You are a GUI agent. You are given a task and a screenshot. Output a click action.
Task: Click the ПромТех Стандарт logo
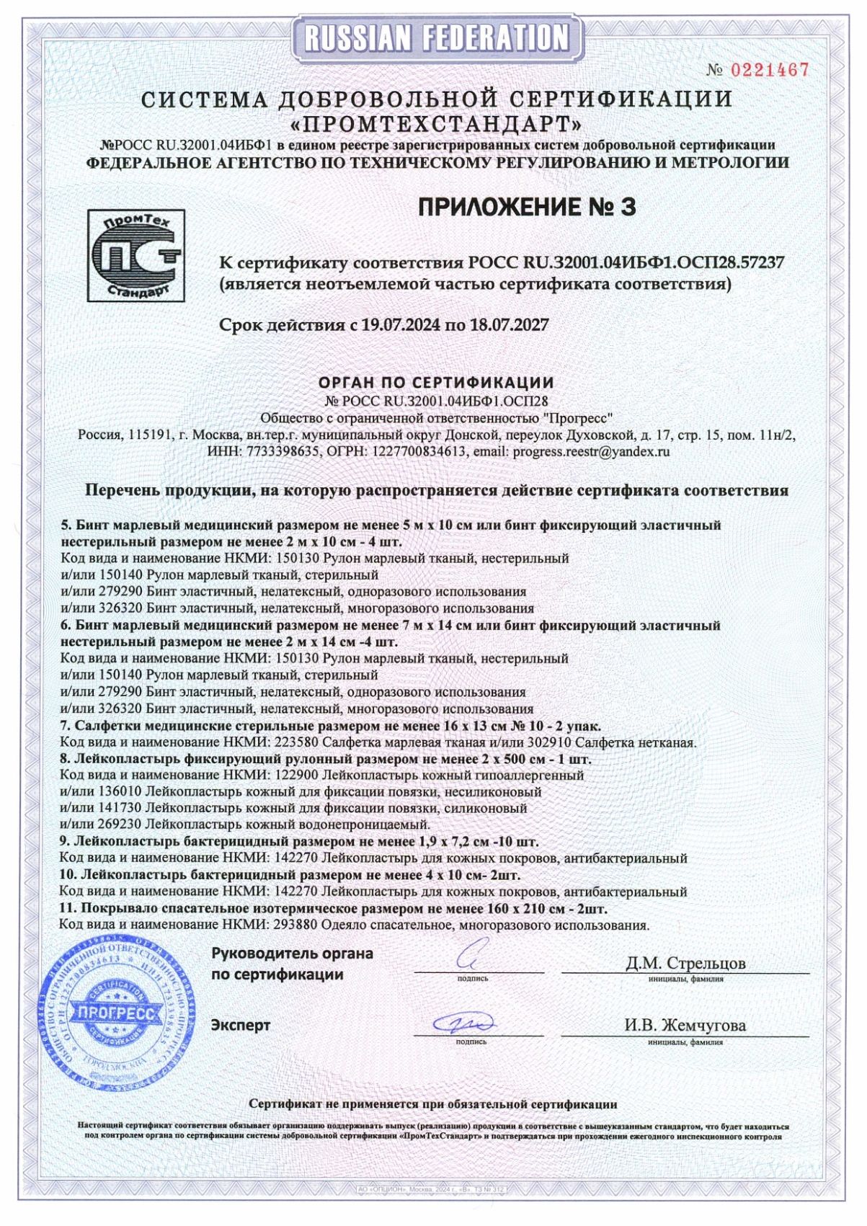click(135, 255)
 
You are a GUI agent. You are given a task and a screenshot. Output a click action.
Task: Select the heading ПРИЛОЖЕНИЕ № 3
click(527, 208)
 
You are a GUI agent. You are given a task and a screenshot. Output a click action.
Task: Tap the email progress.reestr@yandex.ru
click(591, 452)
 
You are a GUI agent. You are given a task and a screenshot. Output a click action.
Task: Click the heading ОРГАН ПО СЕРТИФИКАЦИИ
click(436, 382)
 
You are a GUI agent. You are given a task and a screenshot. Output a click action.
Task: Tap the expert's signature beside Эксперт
click(464, 1023)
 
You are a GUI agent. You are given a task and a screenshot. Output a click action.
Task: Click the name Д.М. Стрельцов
click(685, 963)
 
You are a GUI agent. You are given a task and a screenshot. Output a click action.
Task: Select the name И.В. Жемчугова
click(685, 1025)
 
